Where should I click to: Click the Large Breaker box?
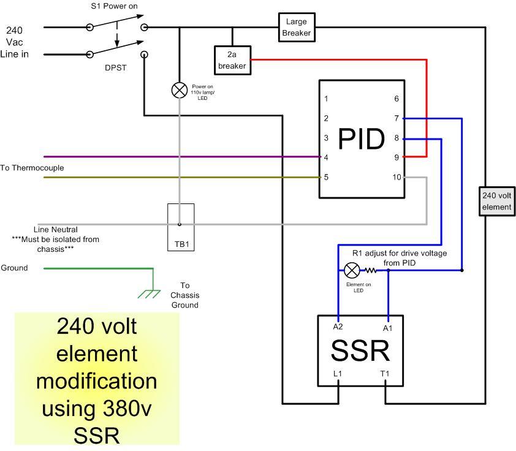[297, 28]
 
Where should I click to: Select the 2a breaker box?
[232, 60]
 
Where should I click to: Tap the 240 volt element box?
[496, 202]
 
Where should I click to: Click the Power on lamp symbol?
[179, 91]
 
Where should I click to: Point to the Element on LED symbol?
[352, 270]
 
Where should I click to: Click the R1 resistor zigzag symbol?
[371, 270]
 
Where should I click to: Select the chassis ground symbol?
[149, 293]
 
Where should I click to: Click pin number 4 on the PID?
[327, 157]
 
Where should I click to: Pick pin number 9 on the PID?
[397, 157]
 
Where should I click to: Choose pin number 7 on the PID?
[397, 118]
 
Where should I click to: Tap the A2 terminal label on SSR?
[338, 327]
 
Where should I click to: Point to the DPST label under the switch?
[115, 67]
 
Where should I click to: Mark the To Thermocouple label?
[32, 168]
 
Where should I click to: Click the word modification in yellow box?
[96, 381]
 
